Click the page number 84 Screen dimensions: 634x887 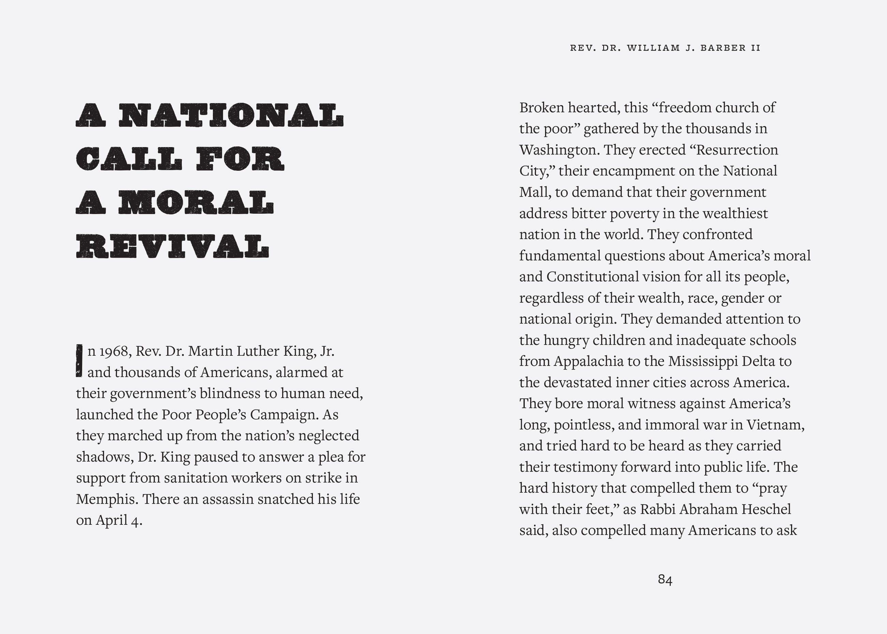[x=665, y=580]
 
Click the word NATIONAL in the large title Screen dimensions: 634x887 [x=231, y=115]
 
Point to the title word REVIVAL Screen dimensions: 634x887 [x=172, y=246]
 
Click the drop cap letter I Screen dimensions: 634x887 [x=79, y=361]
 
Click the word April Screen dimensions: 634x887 [x=112, y=520]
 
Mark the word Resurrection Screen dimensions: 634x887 [x=737, y=150]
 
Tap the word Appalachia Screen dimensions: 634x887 [x=588, y=362]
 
